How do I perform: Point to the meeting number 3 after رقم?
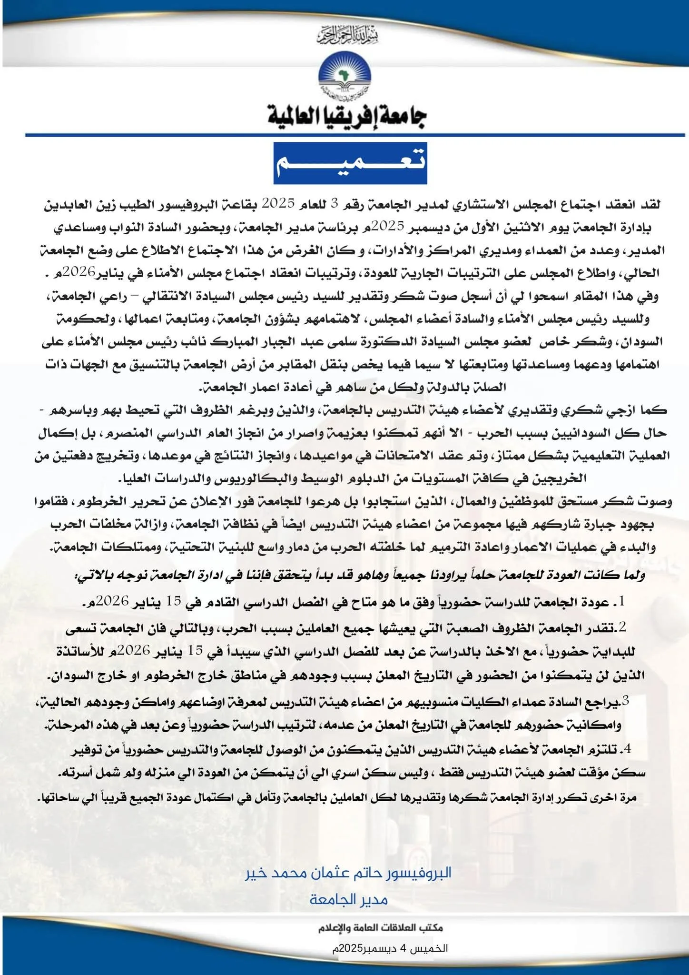click(x=334, y=204)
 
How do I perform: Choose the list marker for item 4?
click(x=627, y=749)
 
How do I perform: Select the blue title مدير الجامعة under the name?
click(x=348, y=899)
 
